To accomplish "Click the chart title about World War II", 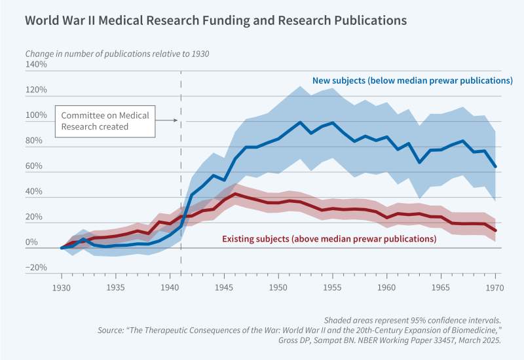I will pos(215,20).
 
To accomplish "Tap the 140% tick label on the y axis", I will pos(36,65).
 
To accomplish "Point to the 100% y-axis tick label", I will pos(36,115).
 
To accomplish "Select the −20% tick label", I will pos(36,267).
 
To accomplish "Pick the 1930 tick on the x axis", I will pos(61,286).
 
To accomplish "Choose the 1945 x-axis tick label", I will pos(224,286).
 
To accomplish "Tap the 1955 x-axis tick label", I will pos(333,286).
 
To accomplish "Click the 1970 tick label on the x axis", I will pos(495,286).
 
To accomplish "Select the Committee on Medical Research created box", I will pos(105,121).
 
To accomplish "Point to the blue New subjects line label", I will pos(411,81).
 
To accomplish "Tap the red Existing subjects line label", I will pos(329,239).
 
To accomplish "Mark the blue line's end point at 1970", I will pos(495,167).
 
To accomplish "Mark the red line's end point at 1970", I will pos(495,230).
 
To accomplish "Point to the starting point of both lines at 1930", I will pos(61,248).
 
